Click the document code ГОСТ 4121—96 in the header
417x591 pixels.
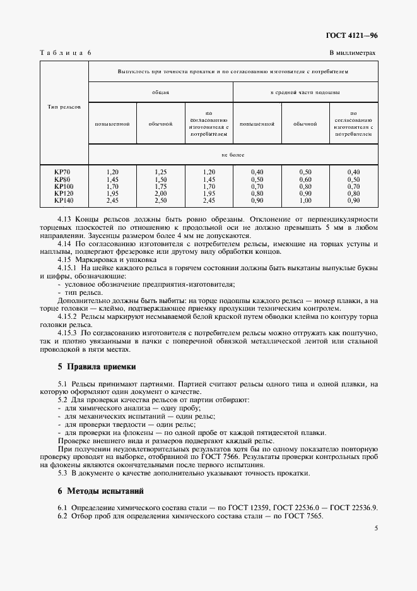[352, 36]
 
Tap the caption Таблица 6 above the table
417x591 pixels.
[66, 54]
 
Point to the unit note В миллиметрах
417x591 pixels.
[352, 54]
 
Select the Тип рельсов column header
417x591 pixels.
[64, 107]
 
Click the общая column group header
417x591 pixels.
[160, 92]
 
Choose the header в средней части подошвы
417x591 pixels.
[305, 92]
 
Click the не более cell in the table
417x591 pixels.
[233, 154]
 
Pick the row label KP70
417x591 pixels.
[62, 172]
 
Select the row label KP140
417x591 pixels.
[64, 200]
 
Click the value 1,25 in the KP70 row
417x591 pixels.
[160, 172]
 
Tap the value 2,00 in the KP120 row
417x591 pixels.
[160, 193]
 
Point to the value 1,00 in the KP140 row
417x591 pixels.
[305, 200]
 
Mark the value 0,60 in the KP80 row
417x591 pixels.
[305, 179]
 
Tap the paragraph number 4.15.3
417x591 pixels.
[67, 332]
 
